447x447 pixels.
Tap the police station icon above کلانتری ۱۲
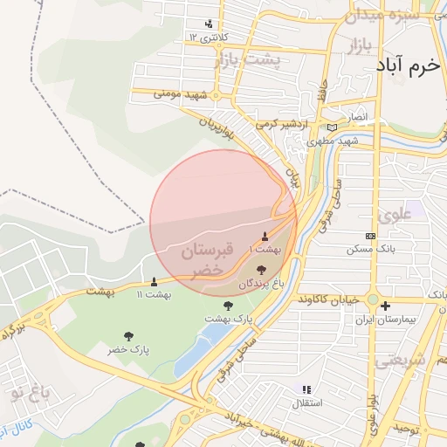point(209,24)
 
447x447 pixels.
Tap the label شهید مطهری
point(337,141)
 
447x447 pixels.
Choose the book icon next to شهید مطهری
point(332,127)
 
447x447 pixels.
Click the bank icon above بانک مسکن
point(370,236)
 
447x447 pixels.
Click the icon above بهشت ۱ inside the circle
point(265,237)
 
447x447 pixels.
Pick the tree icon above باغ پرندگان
point(262,272)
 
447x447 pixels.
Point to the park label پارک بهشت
point(228,320)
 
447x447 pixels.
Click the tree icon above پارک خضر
point(129,336)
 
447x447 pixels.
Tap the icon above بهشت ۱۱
point(155,281)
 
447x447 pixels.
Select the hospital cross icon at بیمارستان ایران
point(385,306)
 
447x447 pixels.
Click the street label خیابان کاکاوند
point(328,299)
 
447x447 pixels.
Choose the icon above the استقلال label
point(306,389)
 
